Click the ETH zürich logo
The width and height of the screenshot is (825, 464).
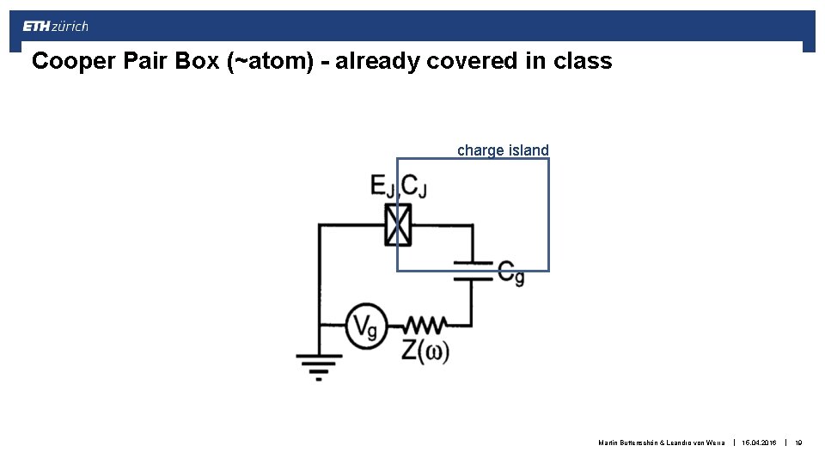[x=55, y=27]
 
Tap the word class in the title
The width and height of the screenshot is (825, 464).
[x=584, y=62]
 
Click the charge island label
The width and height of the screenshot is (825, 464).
[x=503, y=150]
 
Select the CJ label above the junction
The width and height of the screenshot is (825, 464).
[x=414, y=186]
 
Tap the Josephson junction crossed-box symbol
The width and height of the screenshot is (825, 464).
[x=397, y=225]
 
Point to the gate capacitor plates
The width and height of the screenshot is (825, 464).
[x=472, y=270]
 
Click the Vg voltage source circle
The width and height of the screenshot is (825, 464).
[x=367, y=326]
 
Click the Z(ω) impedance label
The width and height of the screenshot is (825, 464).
[x=425, y=352]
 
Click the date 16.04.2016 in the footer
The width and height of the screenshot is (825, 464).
[x=760, y=443]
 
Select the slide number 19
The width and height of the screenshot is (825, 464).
[x=798, y=443]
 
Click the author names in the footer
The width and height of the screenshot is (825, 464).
[x=662, y=443]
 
